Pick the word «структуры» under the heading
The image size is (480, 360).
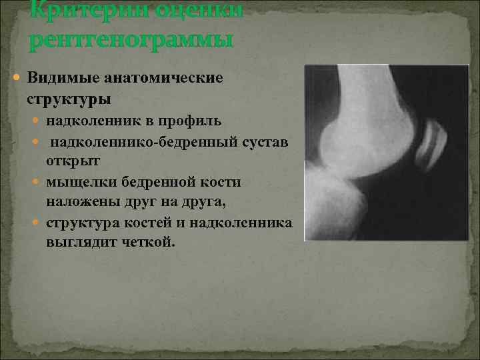point(69,99)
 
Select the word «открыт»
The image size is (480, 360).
point(70,161)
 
